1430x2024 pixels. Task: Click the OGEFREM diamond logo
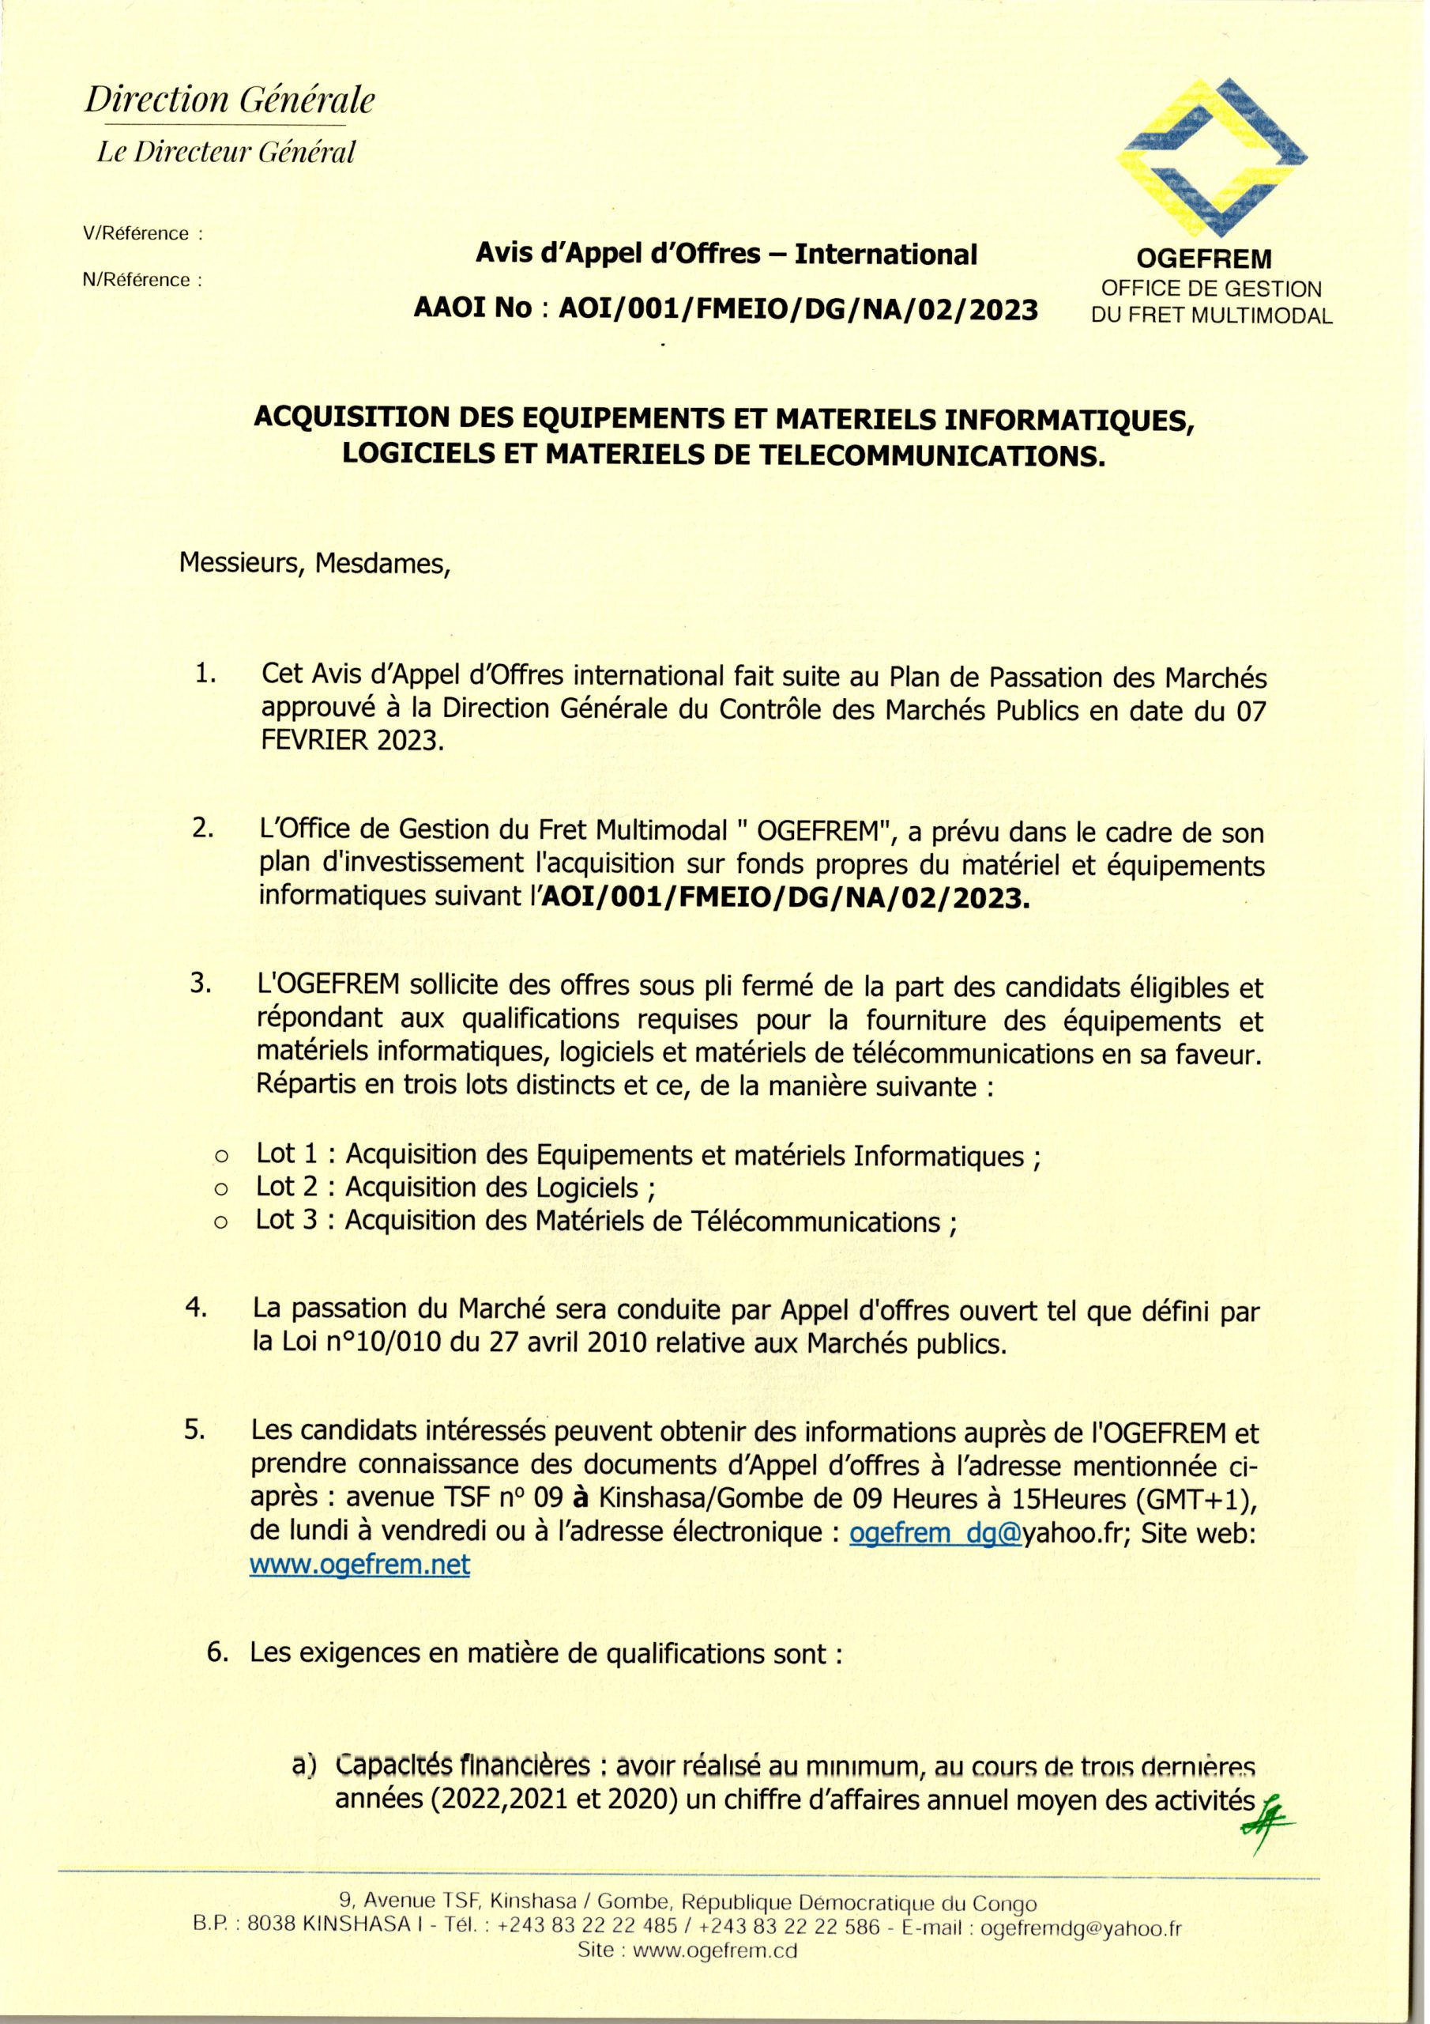click(x=1211, y=159)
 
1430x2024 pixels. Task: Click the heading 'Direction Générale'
click(x=229, y=100)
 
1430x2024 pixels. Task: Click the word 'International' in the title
click(x=886, y=255)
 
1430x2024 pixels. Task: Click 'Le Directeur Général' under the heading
click(x=225, y=153)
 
